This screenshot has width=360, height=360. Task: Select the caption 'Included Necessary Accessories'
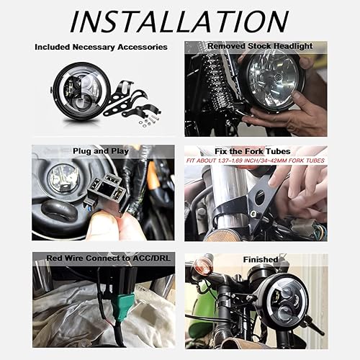tap(101, 47)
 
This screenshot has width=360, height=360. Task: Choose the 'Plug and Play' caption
tap(102, 152)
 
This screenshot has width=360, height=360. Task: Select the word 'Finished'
tap(260, 258)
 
